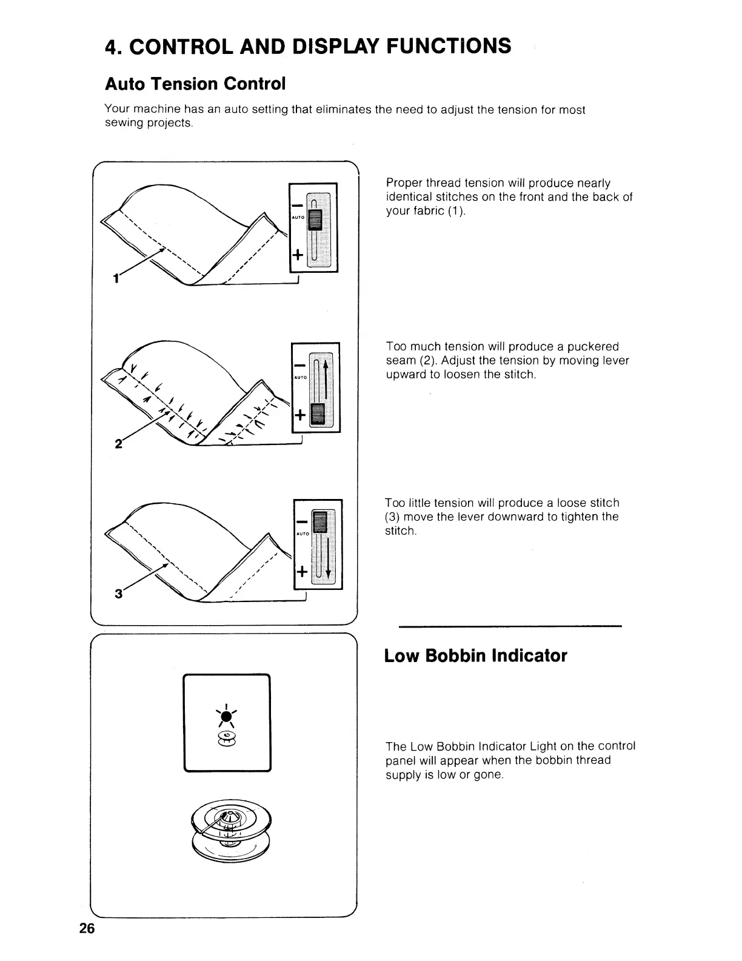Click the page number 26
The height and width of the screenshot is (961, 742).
pos(87,928)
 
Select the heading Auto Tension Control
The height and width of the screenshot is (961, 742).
pos(195,83)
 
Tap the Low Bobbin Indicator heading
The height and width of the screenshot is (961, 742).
pos(475,655)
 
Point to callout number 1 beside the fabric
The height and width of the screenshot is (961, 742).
pos(115,278)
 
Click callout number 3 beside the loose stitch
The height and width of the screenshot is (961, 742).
pos(118,593)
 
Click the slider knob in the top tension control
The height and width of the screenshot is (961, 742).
pos(314,218)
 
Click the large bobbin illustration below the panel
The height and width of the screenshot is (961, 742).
pos(232,826)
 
